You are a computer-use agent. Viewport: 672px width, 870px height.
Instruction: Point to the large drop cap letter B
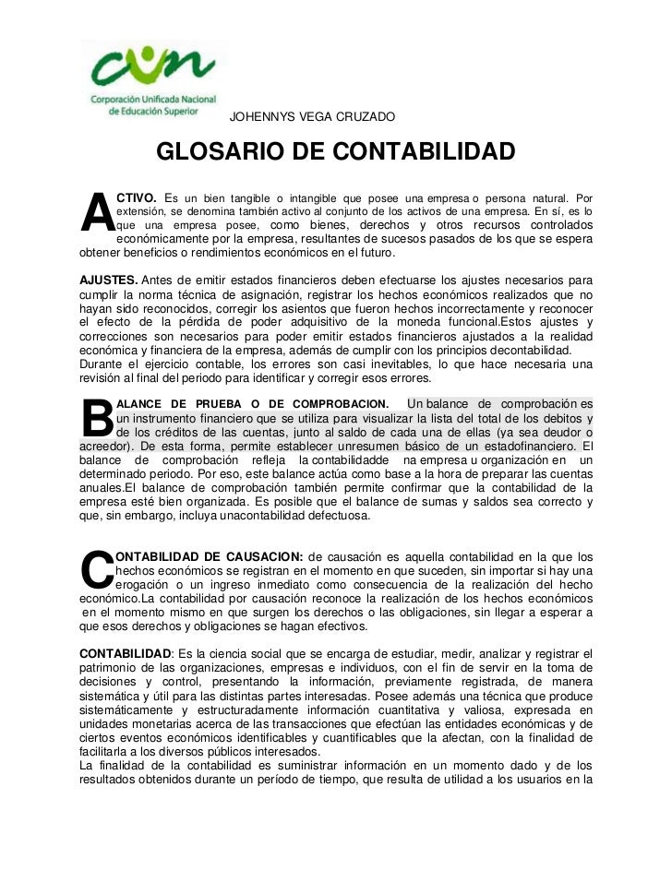[x=96, y=419]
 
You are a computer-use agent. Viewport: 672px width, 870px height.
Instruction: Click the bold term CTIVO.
[x=136, y=197]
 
